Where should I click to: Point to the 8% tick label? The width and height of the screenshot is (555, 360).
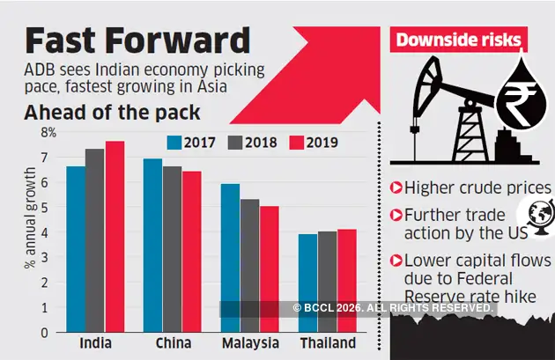click(x=47, y=133)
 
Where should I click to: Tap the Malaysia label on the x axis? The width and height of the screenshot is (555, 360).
click(x=249, y=343)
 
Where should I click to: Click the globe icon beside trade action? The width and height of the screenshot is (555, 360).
click(x=538, y=214)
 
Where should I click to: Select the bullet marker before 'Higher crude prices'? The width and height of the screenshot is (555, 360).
click(x=396, y=187)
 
